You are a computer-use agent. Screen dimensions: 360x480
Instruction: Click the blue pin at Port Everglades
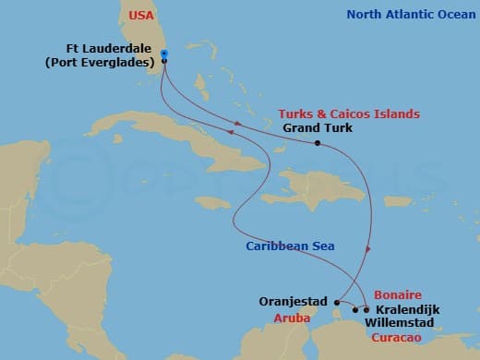(x=163, y=54)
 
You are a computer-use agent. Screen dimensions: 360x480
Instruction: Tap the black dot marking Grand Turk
(x=317, y=143)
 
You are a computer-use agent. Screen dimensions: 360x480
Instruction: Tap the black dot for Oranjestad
(x=338, y=301)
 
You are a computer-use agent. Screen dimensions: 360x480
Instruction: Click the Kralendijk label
(x=407, y=309)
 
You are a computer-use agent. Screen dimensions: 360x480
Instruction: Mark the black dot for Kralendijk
(x=366, y=309)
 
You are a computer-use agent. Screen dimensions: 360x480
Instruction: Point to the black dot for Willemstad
(x=356, y=310)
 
